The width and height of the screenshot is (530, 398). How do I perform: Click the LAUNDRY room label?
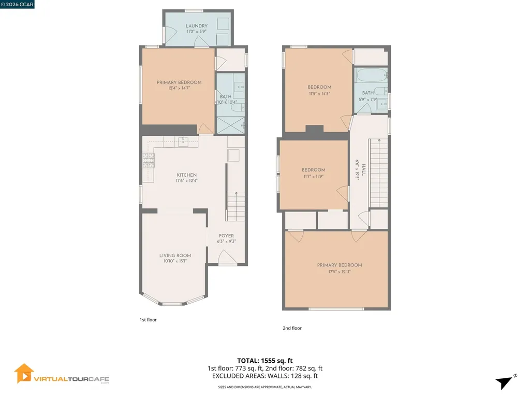(x=197, y=26)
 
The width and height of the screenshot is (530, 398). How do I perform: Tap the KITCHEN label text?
(x=186, y=175)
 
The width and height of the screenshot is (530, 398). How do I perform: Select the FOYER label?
(x=227, y=235)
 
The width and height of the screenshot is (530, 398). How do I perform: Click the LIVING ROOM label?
(x=175, y=255)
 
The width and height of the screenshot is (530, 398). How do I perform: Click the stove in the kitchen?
(x=148, y=161)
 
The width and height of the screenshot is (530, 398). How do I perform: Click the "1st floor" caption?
(x=148, y=320)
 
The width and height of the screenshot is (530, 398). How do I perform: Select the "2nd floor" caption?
(x=292, y=328)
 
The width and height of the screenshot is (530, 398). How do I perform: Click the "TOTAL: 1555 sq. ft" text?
(x=265, y=360)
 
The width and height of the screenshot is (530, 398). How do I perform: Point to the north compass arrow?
(x=505, y=382)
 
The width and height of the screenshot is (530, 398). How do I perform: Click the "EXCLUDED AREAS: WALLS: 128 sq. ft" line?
(x=265, y=376)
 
